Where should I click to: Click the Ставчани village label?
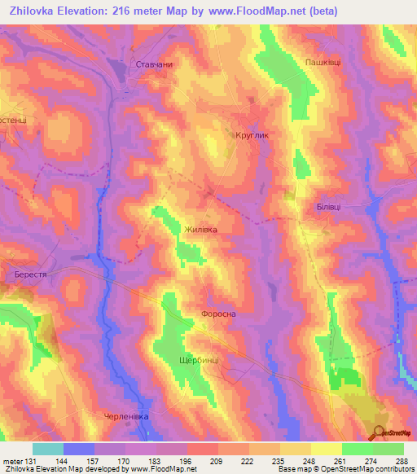tap(154, 64)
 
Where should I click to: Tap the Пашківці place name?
tap(323, 62)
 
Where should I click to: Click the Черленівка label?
tap(127, 416)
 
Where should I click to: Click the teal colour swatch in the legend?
tap(48, 449)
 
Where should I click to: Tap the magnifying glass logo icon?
tap(378, 432)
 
